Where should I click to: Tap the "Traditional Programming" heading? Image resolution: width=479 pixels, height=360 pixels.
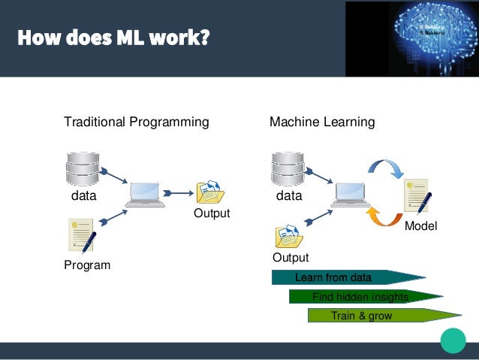click(x=136, y=122)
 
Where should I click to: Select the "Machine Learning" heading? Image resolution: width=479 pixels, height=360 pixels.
click(x=322, y=122)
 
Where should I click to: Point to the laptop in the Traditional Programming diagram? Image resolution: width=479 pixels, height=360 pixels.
click(x=146, y=195)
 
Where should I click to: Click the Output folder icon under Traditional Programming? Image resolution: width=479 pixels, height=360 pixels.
click(x=209, y=192)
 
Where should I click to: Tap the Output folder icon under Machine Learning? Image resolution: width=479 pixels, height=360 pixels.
click(x=289, y=236)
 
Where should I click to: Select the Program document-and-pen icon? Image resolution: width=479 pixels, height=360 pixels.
click(x=81, y=235)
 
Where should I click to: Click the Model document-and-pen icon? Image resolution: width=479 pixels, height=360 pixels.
click(x=417, y=196)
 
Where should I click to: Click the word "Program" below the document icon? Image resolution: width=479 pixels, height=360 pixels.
click(x=87, y=265)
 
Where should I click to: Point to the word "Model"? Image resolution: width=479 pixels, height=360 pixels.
click(x=420, y=226)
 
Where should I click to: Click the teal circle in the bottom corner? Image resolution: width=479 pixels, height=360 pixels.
click(x=453, y=340)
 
